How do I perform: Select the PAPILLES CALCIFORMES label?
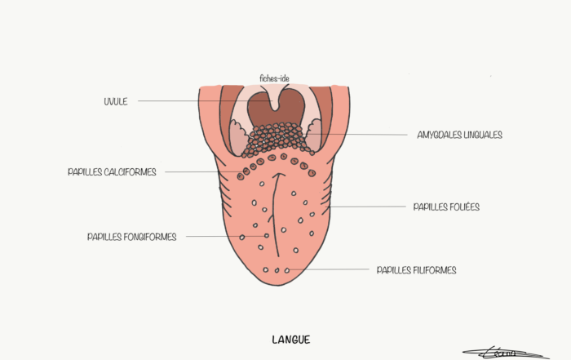click(113, 172)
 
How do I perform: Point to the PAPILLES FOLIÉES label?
click(446, 207)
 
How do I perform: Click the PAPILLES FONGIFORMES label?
click(132, 238)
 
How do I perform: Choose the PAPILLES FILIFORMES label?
click(416, 270)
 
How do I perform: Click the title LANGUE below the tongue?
click(290, 339)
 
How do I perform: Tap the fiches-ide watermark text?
click(274, 78)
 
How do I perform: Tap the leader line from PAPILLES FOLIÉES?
click(367, 207)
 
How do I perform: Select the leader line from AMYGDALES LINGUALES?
click(359, 135)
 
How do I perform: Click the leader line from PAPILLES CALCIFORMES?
click(200, 172)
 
